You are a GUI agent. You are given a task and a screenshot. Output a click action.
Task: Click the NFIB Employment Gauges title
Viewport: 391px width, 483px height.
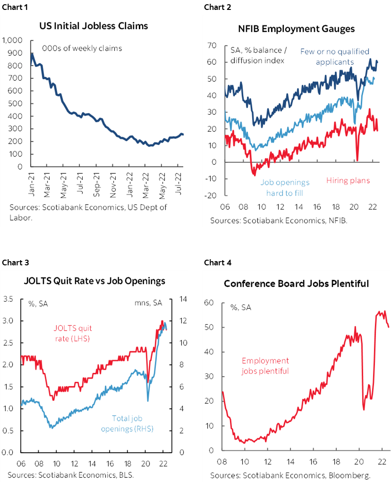296,29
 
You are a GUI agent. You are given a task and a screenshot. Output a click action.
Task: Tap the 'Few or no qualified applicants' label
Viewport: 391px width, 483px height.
334,57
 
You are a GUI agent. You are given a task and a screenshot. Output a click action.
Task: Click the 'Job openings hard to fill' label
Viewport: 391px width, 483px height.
285,187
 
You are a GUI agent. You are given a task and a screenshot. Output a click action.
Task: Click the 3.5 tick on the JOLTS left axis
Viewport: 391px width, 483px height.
8,299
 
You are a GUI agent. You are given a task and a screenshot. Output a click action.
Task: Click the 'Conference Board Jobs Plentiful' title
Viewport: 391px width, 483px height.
296,284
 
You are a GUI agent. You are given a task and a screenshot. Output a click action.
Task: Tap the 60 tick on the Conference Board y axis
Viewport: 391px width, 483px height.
209,303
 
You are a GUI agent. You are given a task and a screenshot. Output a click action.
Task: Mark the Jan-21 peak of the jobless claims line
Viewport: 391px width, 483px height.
32,53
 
